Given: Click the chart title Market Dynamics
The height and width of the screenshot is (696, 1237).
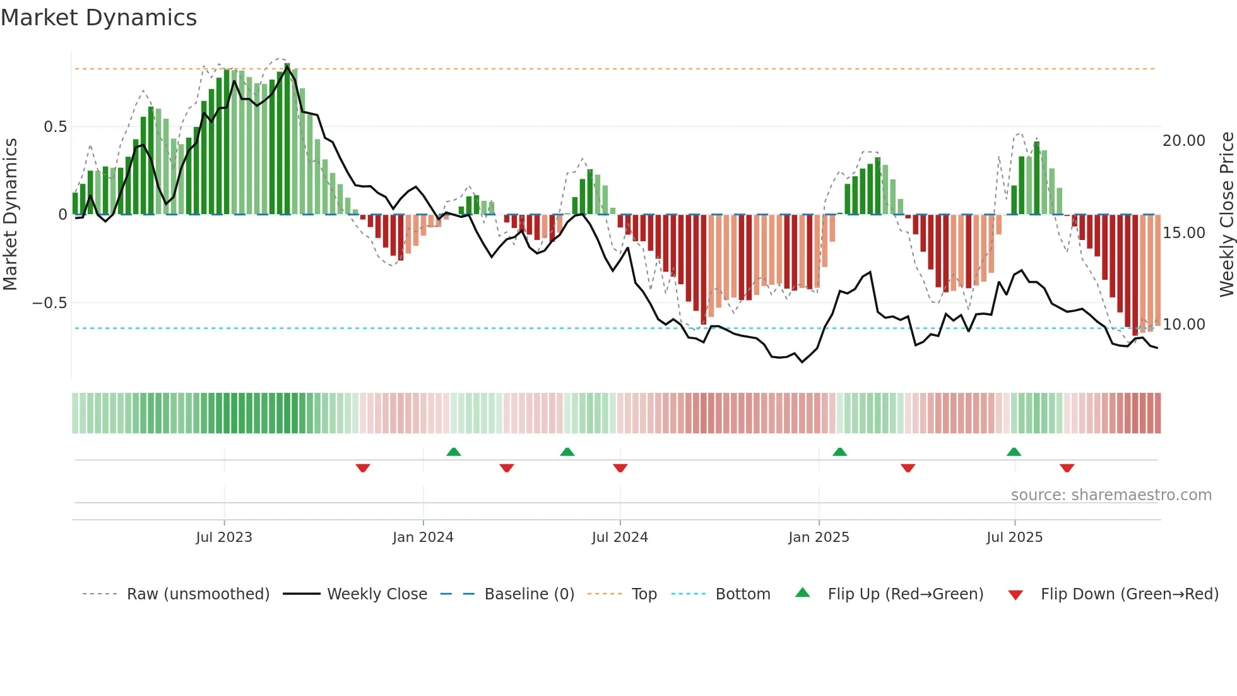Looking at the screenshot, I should (98, 18).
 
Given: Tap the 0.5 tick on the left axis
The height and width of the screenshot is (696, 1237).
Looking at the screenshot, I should (55, 127).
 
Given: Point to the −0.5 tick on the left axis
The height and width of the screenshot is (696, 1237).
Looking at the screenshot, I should (49, 303).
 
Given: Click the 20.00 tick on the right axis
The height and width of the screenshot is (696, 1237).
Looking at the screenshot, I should (1183, 141).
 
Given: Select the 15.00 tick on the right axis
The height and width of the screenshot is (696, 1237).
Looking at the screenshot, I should (1183, 233).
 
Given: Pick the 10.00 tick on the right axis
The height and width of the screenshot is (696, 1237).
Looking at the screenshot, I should (1183, 325).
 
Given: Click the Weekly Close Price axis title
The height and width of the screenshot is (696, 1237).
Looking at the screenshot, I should (1226, 214).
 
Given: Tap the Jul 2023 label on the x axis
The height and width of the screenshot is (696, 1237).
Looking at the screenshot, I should (223, 537).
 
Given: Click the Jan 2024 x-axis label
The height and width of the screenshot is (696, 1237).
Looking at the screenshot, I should (422, 537).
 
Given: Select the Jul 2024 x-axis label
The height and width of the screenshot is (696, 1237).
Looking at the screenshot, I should (619, 537).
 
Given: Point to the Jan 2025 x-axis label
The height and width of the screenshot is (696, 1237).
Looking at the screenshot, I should (818, 537).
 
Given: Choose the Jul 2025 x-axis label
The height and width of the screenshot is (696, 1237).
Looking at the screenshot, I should (1014, 537).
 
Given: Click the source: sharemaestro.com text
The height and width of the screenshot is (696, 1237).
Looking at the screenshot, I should (1111, 495).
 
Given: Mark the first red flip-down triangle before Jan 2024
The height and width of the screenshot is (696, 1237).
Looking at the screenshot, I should (363, 468).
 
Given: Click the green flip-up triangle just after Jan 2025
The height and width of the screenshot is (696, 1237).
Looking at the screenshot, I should (839, 452).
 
